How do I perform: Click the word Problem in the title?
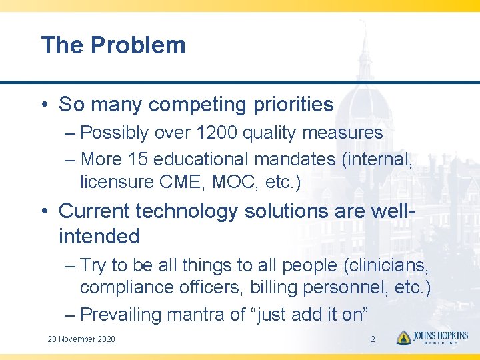138,45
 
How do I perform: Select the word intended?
99,236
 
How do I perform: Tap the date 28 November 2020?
81,339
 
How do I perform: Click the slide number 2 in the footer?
373,339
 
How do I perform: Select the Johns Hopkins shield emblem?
403,338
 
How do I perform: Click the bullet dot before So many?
45,105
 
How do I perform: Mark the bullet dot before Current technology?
45,212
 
